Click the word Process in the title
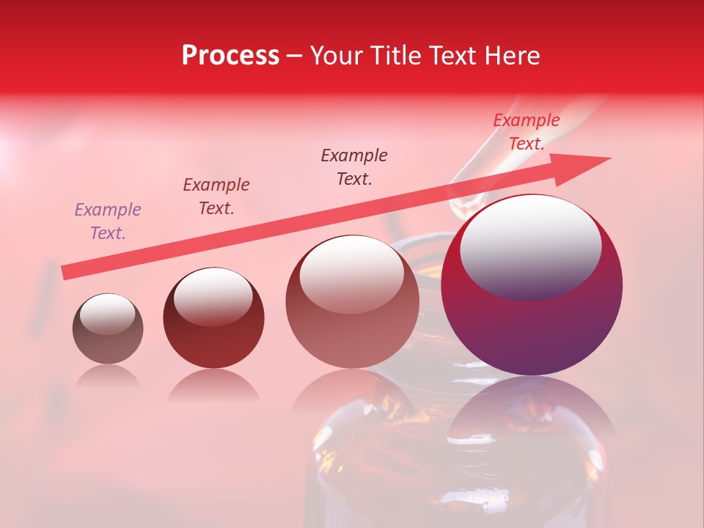(230, 56)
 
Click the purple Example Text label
(108, 221)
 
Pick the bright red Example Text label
(526, 132)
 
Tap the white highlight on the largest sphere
(530, 246)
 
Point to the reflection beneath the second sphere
(213, 386)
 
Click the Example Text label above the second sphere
(216, 197)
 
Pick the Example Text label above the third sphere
(354, 167)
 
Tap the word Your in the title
(336, 56)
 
